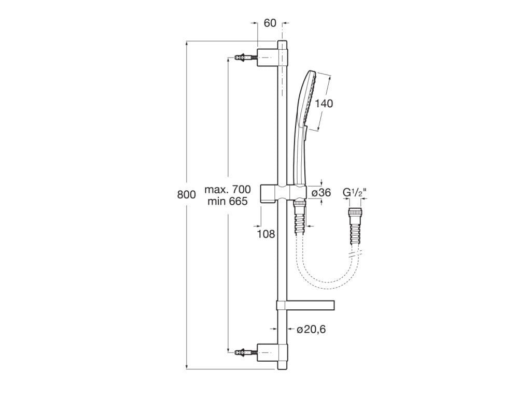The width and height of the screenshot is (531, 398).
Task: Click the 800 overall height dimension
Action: tap(187, 195)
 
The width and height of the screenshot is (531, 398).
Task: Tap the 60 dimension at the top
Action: tap(270, 23)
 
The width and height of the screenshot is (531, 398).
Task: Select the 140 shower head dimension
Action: tap(324, 103)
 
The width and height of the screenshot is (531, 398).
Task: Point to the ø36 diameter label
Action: tap(320, 193)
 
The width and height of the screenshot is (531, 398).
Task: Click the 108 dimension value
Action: tap(266, 234)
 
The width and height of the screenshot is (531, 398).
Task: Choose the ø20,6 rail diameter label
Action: tap(311, 329)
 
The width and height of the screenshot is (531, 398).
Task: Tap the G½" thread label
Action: tap(355, 192)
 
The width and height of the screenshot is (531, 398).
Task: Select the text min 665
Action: tap(228, 202)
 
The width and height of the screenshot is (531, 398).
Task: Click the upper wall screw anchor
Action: tap(245, 57)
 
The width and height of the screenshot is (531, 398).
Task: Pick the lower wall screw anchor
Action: tap(245, 352)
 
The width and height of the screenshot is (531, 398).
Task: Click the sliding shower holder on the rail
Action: tap(283, 194)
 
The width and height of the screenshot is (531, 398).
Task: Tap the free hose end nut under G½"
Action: tap(354, 214)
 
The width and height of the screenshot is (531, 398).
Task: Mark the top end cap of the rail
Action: tap(282, 45)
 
